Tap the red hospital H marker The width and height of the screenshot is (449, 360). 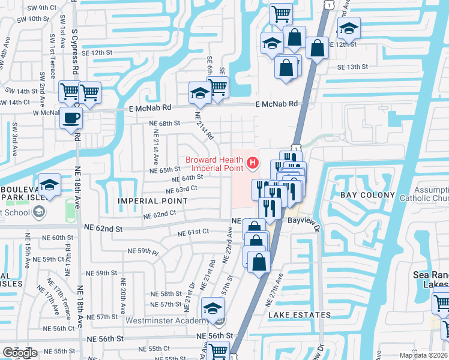point(253,161)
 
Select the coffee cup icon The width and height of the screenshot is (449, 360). point(71,118)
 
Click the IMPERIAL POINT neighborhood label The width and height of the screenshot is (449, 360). point(153,200)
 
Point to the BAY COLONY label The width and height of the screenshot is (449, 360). point(368,195)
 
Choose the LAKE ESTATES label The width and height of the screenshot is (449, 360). point(300,315)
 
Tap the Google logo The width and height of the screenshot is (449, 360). point(20,353)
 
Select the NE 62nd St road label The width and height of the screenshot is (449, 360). point(103,229)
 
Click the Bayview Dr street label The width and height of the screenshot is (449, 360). point(306,221)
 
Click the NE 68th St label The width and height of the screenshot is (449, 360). point(165,123)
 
